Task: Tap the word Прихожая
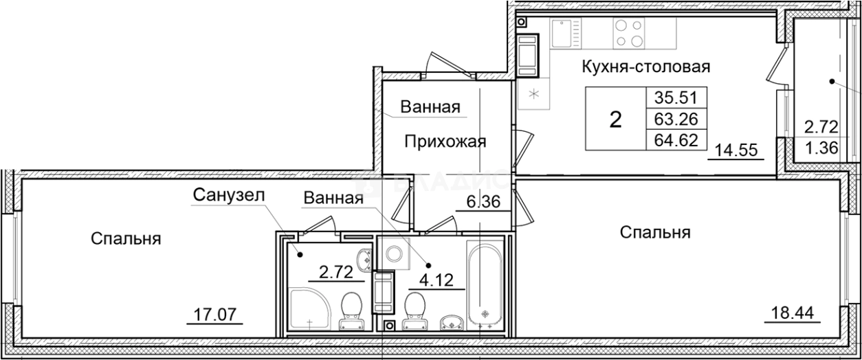point(445,142)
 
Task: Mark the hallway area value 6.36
point(483,203)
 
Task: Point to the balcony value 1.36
point(821,147)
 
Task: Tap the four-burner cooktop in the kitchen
point(629,33)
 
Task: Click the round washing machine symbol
point(395,253)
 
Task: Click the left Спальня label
point(126,239)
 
